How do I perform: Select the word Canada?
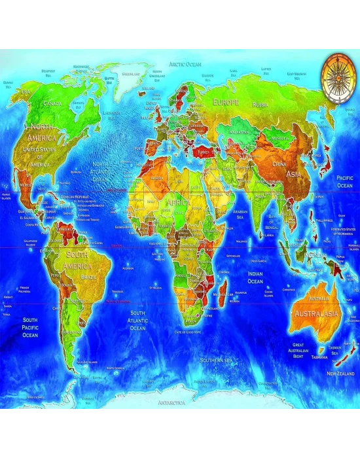pyautogui.click(x=52, y=103)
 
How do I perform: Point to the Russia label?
pyautogui.click(x=260, y=105)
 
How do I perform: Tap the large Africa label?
pyautogui.click(x=177, y=203)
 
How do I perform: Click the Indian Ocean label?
pyautogui.click(x=255, y=277)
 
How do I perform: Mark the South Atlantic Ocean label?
pyautogui.click(x=137, y=320)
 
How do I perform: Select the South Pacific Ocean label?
pyautogui.click(x=31, y=326)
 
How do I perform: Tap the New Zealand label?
pyautogui.click(x=340, y=373)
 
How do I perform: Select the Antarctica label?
pyautogui.click(x=171, y=404)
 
